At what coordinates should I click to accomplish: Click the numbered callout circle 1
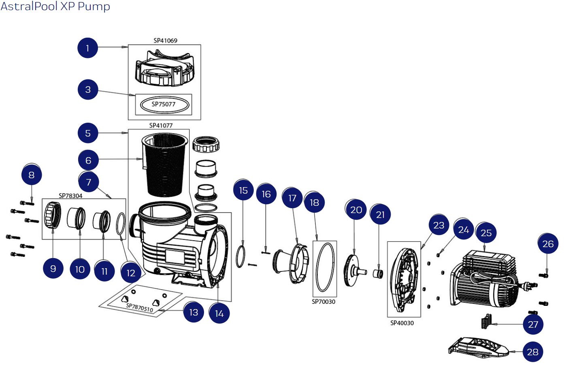pos(87,48)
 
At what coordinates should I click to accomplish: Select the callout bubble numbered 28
pos(533,352)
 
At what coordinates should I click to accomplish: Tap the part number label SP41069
pos(165,41)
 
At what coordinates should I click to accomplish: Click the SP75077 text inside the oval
pos(164,104)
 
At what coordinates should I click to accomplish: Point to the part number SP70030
pos(323,302)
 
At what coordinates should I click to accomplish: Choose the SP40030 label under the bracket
pos(402,323)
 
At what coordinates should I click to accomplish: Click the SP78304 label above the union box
pos(70,196)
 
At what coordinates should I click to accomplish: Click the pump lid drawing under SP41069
pos(165,69)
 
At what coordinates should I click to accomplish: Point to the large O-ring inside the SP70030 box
pos(325,267)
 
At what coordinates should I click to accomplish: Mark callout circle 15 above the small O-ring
pos(243,190)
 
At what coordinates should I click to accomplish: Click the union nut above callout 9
pos(53,215)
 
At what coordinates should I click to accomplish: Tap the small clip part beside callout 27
pos(486,322)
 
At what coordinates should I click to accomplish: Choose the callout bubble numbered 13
pos(194,312)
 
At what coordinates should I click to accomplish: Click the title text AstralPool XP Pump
pos(55,6)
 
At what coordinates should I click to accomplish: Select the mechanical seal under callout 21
pos(378,273)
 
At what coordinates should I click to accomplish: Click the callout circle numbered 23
pos(439,225)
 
